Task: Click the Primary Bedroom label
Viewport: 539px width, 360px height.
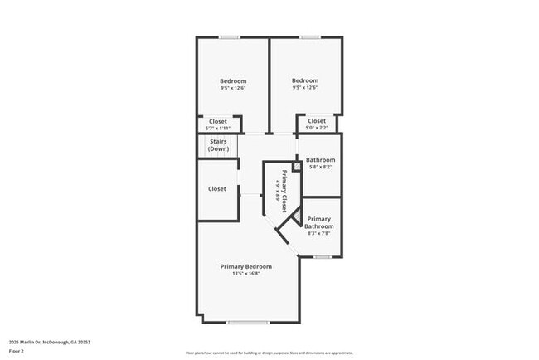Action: tap(245, 266)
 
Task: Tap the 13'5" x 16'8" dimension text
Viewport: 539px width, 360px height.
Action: tap(245, 275)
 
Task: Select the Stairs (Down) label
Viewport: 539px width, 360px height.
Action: tap(218, 145)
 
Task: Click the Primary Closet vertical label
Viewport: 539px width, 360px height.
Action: tap(284, 191)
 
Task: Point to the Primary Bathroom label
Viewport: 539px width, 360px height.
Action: tap(319, 222)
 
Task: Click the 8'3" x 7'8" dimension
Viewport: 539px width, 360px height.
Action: tap(319, 234)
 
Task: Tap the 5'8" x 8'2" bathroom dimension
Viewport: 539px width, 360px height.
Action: tap(319, 167)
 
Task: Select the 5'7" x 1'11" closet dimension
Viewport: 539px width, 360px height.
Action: tap(218, 129)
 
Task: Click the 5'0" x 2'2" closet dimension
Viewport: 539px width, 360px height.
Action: tap(316, 129)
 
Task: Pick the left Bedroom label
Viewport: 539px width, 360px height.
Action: tap(233, 80)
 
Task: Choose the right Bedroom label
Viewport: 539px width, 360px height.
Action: tap(305, 80)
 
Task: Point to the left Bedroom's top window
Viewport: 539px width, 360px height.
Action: tap(231, 36)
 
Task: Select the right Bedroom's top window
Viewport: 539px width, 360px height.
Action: tap(311, 36)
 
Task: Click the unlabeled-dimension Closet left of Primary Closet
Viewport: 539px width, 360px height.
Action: tap(217, 189)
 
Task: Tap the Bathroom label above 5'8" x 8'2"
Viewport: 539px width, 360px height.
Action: tap(320, 159)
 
